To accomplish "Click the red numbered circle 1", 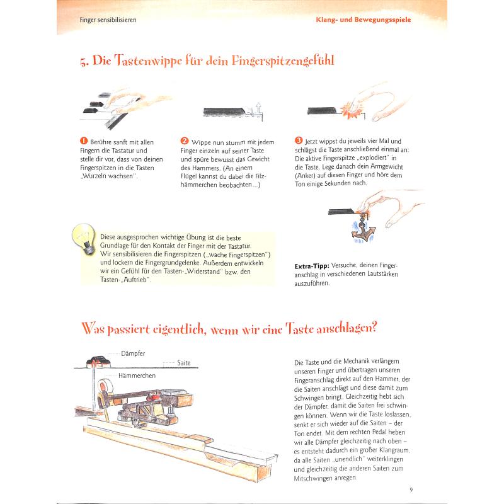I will pos(84,141).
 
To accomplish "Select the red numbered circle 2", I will pos(185,141).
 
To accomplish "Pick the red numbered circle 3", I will pos(299,141).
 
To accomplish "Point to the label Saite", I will pos(183,363).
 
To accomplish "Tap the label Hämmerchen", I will pos(136,375).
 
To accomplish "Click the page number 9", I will pos(410,491).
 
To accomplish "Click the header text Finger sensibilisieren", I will pos(108,20).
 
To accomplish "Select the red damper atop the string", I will pos(97,361).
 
